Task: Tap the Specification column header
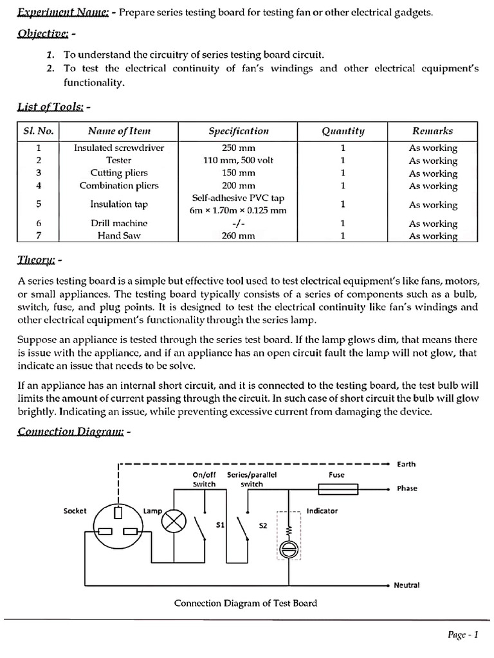[x=239, y=131]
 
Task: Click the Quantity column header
[x=343, y=131]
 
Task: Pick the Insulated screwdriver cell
[x=119, y=148]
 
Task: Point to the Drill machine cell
[x=119, y=223]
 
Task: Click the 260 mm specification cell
[x=239, y=236]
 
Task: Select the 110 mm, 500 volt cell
[x=239, y=160]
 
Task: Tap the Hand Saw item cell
[x=119, y=236]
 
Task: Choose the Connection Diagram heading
[x=71, y=432]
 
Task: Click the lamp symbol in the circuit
[x=172, y=521]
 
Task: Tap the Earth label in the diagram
[x=407, y=463]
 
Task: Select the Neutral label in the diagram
[x=407, y=585]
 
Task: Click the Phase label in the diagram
[x=407, y=488]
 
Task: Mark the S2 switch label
[x=262, y=525]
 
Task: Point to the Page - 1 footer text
[x=462, y=635]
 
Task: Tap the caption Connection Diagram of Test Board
[x=246, y=603]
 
